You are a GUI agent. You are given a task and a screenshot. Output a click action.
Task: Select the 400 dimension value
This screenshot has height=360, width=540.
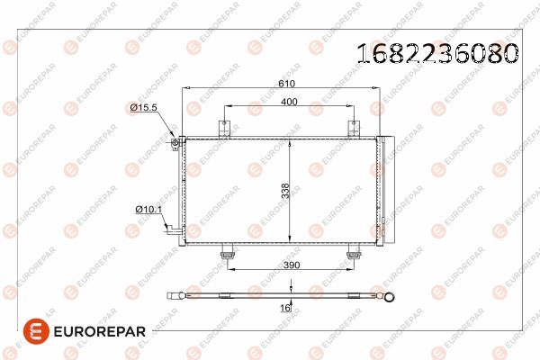289,102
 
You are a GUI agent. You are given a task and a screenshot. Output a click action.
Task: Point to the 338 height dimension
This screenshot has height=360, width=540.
284,190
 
